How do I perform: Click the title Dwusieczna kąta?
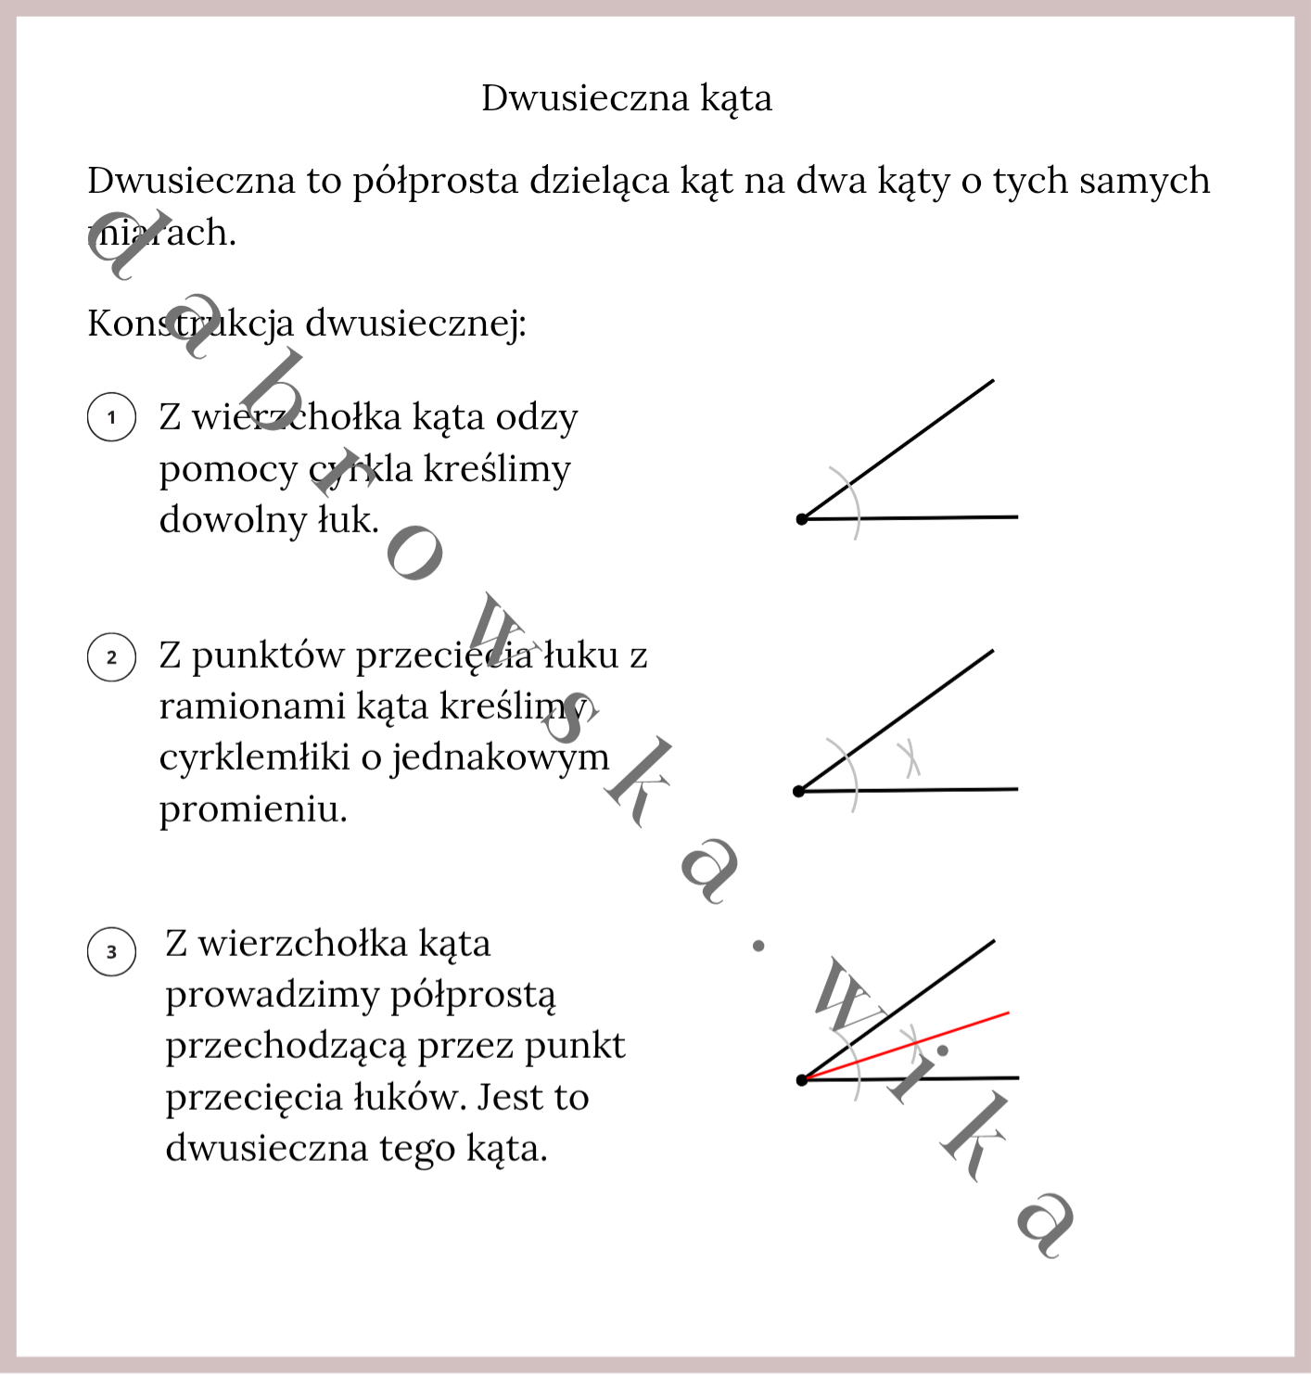coord(626,98)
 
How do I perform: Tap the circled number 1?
coord(112,417)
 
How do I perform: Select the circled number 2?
coord(112,657)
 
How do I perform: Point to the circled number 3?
coord(112,952)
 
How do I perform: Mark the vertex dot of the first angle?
coord(802,519)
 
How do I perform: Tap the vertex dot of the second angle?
coord(799,791)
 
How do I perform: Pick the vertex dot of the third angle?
coord(802,1080)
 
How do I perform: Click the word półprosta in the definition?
coord(435,182)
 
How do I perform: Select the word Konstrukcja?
coord(190,324)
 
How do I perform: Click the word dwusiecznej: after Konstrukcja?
coord(415,324)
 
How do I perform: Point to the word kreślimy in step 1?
coord(497,469)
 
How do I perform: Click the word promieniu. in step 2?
coord(253,810)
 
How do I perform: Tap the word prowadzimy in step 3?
coord(272,996)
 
